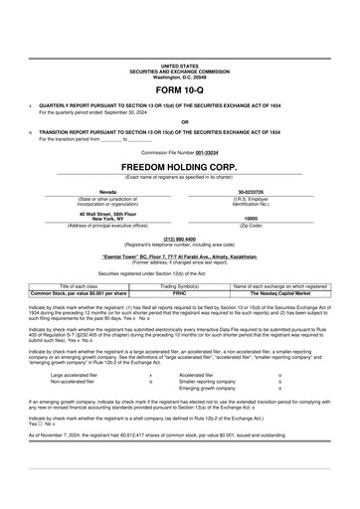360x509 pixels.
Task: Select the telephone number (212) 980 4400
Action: [179, 239]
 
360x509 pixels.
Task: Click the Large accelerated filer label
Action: [75, 375]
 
